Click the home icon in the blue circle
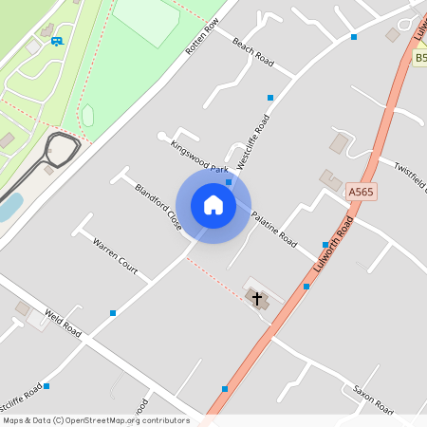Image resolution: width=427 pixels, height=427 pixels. pos(213,204)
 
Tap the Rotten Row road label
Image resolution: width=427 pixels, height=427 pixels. pos(202,35)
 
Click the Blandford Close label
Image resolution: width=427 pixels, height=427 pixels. pos(158,208)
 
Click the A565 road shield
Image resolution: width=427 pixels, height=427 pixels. pos(361,192)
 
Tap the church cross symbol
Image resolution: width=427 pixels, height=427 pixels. pos(256,299)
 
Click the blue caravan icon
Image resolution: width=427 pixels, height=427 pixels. pos(57,41)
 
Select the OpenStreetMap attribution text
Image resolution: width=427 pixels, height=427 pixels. pos(95,419)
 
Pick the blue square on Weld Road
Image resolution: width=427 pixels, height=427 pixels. pos(113,312)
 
